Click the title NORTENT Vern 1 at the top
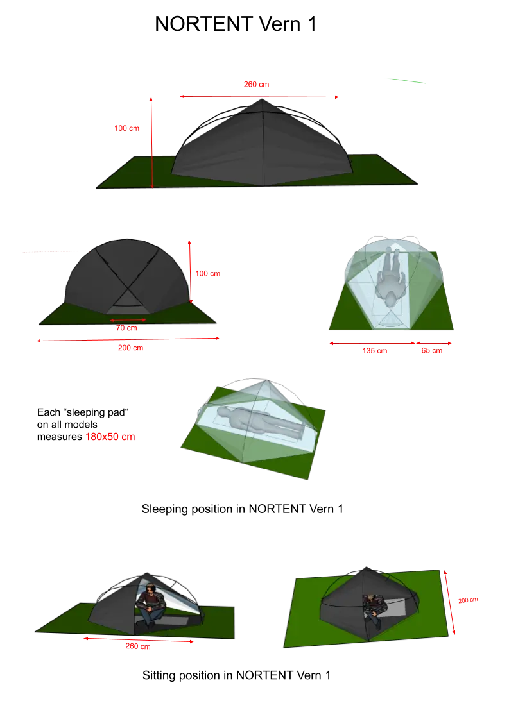pyautogui.click(x=236, y=24)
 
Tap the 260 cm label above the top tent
pyautogui.click(x=256, y=84)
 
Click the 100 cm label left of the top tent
pyautogui.click(x=126, y=128)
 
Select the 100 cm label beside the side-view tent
pyautogui.click(x=208, y=274)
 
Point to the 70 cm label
pyautogui.click(x=126, y=328)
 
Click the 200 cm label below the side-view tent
pyautogui.click(x=130, y=348)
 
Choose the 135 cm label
pyautogui.click(x=375, y=351)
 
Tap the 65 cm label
pyautogui.click(x=431, y=351)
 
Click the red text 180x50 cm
pyautogui.click(x=110, y=437)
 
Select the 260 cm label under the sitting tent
pyautogui.click(x=137, y=646)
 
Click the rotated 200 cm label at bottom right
pyautogui.click(x=468, y=600)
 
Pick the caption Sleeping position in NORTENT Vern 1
pyautogui.click(x=243, y=509)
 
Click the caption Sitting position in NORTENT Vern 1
pyautogui.click(x=236, y=675)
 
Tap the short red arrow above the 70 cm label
pyautogui.click(x=128, y=320)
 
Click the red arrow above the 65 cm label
pyautogui.click(x=433, y=343)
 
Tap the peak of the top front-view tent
pyautogui.click(x=262, y=99)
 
